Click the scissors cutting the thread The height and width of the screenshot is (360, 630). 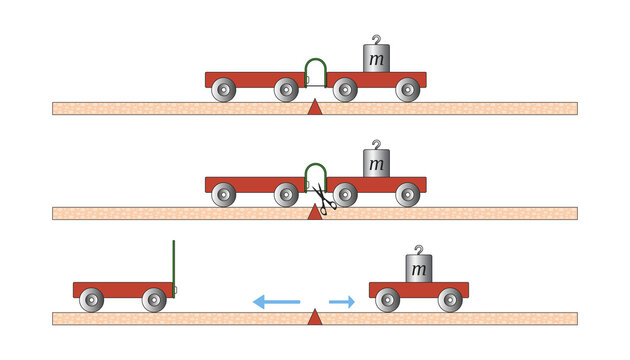(x=320, y=195)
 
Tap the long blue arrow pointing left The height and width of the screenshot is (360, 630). (x=275, y=300)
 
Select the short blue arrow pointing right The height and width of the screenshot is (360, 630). (x=342, y=300)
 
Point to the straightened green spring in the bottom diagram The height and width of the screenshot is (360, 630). (x=173, y=265)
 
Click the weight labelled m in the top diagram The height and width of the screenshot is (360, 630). (x=376, y=59)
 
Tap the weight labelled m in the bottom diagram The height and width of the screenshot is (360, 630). (x=418, y=269)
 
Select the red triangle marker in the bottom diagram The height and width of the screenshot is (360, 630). (x=315, y=318)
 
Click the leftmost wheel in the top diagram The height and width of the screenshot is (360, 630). (x=224, y=90)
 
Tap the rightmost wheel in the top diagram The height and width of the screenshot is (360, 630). (x=407, y=90)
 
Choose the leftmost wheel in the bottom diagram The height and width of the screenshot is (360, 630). (x=92, y=300)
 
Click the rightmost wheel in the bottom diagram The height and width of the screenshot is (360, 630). (x=450, y=300)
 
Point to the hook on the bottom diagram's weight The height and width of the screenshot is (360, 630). (x=418, y=249)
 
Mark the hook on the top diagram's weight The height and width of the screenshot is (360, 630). (x=376, y=40)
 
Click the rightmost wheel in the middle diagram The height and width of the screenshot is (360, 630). (x=407, y=195)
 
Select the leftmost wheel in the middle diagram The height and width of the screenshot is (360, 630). (x=224, y=195)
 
